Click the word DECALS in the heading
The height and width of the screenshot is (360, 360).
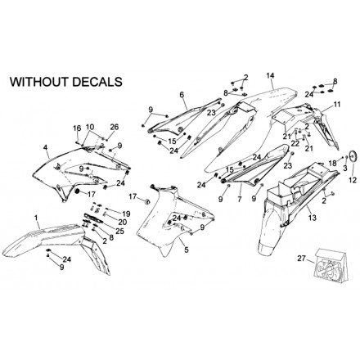coord(96,82)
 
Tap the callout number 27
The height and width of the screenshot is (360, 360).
coord(302,259)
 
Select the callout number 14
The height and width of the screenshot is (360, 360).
coord(270,75)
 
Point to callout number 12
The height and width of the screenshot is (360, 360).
coord(353,180)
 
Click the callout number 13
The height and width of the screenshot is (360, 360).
coord(313,218)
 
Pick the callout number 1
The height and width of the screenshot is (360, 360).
coord(36,218)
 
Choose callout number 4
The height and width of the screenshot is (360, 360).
coord(45,147)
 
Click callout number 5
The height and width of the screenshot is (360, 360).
coord(187,250)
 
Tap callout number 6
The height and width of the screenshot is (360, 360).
coord(182,95)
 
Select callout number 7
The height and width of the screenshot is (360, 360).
coord(240,200)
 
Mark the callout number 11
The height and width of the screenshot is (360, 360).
coord(337,105)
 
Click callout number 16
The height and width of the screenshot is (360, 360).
coord(77,128)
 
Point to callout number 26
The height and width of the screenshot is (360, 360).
coord(115,127)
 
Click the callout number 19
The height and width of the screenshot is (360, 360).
coord(126,214)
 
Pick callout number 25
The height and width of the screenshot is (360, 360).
coord(120,231)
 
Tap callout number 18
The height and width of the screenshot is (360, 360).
coord(333,164)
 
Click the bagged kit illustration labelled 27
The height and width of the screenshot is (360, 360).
coord(331,264)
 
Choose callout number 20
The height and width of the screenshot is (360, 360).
coord(123,223)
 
